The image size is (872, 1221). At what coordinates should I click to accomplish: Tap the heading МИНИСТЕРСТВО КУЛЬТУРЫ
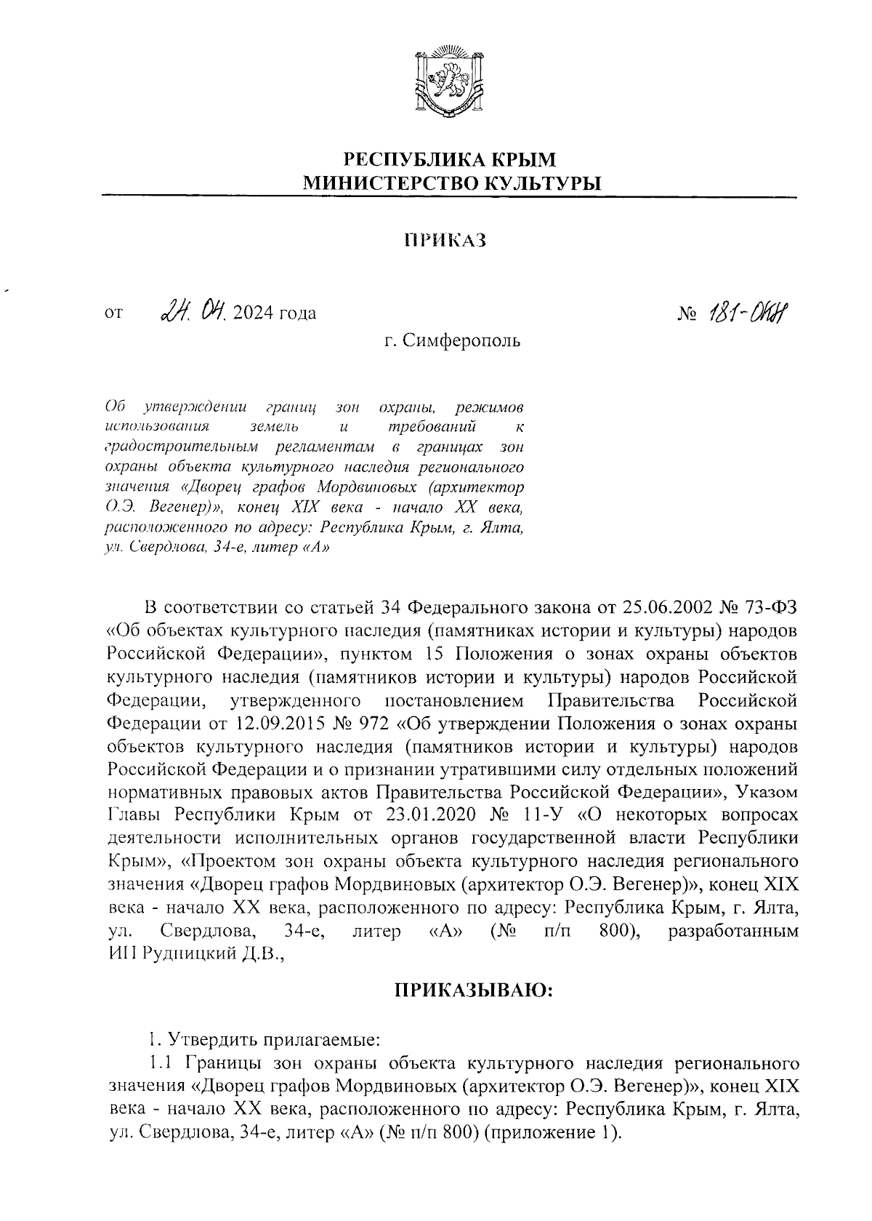[x=452, y=183]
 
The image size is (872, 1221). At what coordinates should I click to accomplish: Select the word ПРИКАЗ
[x=444, y=240]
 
